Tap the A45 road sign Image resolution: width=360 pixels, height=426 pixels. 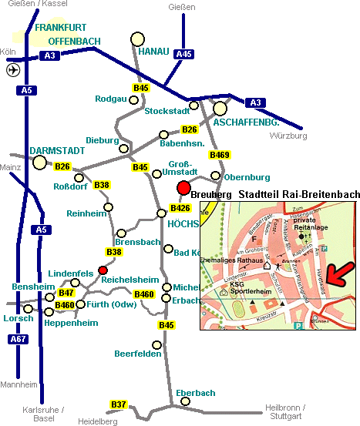[183, 54]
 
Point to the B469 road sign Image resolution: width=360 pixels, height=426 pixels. [220, 155]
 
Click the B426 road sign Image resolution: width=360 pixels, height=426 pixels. [180, 208]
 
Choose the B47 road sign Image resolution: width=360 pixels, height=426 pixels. [66, 293]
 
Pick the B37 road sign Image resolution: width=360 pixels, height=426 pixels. [119, 404]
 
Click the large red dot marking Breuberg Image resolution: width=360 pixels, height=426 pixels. [183, 188]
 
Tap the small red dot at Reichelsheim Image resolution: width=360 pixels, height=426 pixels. [103, 270]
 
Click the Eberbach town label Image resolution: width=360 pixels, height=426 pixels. [196, 393]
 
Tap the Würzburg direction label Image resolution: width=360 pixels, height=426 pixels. [288, 136]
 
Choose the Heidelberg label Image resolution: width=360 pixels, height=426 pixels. [98, 421]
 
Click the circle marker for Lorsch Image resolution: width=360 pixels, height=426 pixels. [29, 309]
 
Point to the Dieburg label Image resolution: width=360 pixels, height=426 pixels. [103, 140]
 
